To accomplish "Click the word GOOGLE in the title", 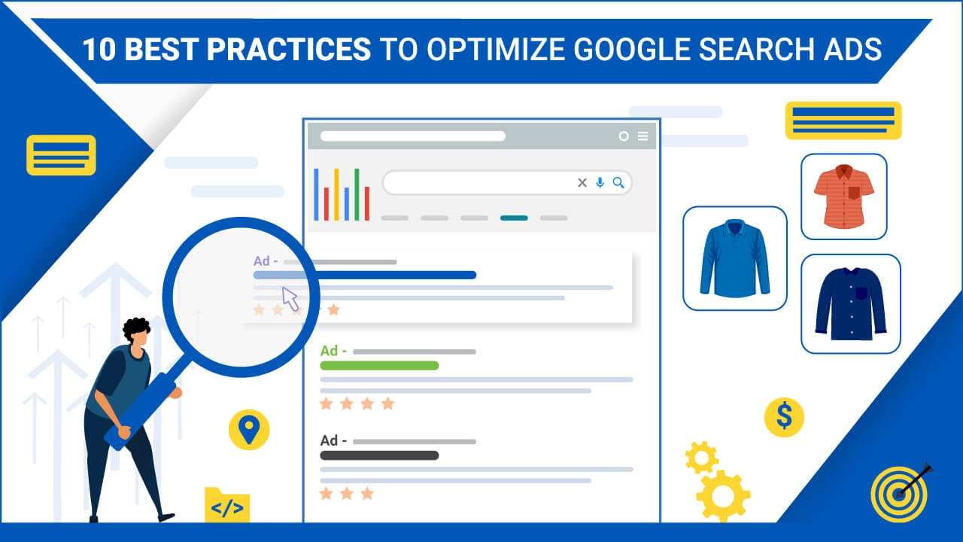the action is [x=632, y=49].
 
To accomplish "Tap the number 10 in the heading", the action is [x=99, y=49].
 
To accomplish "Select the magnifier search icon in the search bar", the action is [x=618, y=183].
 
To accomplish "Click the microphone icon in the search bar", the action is [x=600, y=183].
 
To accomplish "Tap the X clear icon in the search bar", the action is [x=582, y=183].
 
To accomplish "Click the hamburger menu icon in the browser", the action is [x=643, y=136].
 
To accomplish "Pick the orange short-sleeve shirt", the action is [x=843, y=196].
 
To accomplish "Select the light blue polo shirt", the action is [x=735, y=258].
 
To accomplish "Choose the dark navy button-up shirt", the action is [x=851, y=303].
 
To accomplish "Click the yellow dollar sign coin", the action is [x=784, y=417].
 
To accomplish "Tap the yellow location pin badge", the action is [x=249, y=430].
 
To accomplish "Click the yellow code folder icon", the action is [x=227, y=505].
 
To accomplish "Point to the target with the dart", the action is [x=899, y=494].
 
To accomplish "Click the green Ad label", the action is [x=333, y=351].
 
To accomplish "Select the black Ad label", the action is [x=333, y=440].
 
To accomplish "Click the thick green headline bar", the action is [x=379, y=366].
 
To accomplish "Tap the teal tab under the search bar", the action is [x=514, y=218].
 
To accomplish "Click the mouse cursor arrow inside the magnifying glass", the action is [x=290, y=299].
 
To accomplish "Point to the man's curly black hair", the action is [x=136, y=327].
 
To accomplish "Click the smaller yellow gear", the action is [x=702, y=457].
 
